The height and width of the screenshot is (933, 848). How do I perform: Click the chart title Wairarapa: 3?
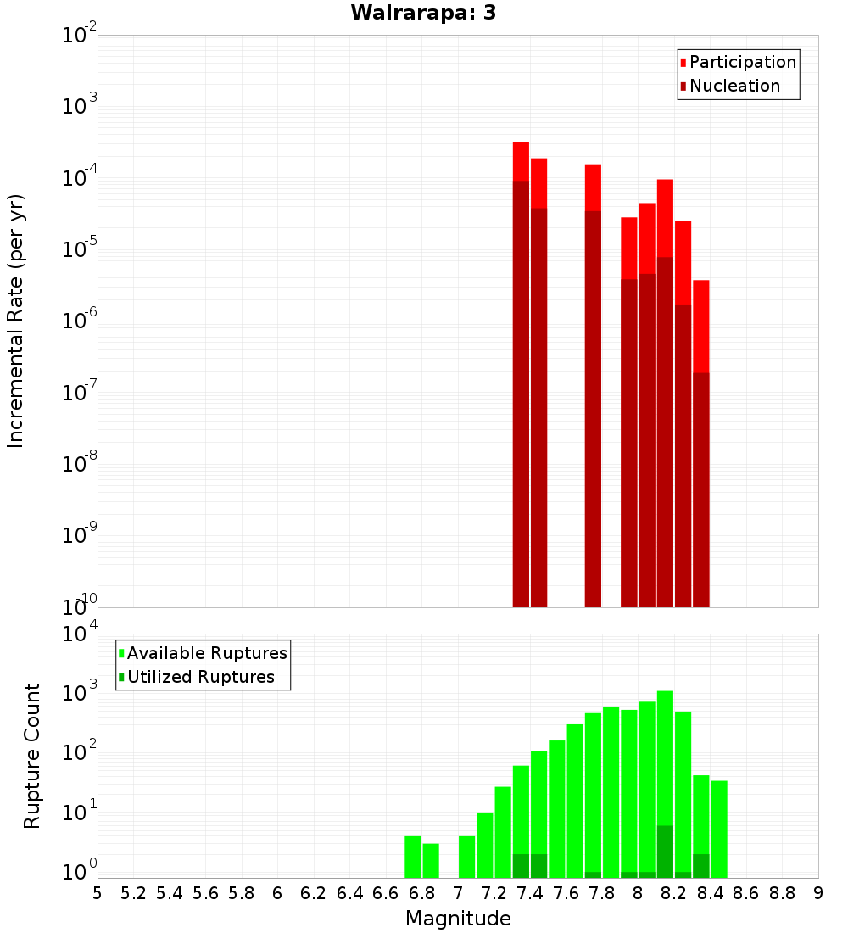(x=417, y=13)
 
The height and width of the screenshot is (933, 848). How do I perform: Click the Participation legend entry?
(x=742, y=62)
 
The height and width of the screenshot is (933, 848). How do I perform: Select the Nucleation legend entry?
(x=734, y=86)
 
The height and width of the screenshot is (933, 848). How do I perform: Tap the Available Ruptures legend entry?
(x=207, y=653)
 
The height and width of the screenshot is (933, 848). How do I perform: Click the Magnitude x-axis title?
(x=458, y=919)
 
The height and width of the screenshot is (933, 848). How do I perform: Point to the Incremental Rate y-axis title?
(x=15, y=321)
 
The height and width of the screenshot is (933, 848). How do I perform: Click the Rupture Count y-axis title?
(x=32, y=755)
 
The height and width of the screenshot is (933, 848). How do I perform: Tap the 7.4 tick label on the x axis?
(x=530, y=893)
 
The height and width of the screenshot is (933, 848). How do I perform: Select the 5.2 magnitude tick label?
(x=134, y=893)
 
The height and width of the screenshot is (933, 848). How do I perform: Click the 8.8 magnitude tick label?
(x=782, y=893)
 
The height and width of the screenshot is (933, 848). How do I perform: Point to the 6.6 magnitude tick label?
(x=386, y=893)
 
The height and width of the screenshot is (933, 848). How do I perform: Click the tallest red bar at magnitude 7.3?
(x=521, y=373)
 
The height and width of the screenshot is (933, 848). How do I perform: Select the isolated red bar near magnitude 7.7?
(x=593, y=382)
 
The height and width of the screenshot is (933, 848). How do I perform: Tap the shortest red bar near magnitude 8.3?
(x=700, y=441)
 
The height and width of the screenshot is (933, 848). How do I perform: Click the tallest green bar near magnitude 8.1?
(x=665, y=780)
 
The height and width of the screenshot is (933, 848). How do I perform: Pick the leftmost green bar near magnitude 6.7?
(x=413, y=857)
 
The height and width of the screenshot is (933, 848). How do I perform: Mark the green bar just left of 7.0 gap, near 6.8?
(x=431, y=860)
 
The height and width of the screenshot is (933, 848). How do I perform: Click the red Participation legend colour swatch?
(x=683, y=63)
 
